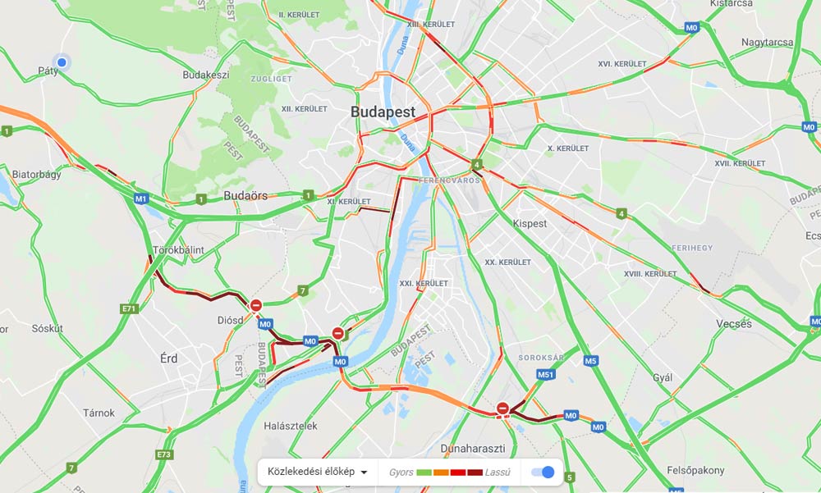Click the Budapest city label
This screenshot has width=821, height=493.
pos(383,112)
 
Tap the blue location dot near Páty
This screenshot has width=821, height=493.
pos(61,62)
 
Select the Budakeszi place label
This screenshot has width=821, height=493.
pos(206,75)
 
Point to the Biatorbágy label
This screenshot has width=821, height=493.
pos(37,175)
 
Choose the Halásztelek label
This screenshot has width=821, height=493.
pos(291,426)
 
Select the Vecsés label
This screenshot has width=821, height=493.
pos(734,324)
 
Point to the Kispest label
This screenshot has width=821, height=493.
pos(530,223)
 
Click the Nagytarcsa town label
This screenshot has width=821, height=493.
pos(767,42)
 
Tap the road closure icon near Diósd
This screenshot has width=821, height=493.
pos(256,306)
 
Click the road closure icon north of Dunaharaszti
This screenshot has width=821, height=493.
pos(503,408)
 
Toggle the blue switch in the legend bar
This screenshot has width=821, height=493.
pos(543,472)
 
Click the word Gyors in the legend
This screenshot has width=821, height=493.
pos(401,472)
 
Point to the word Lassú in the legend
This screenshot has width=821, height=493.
pos(498,472)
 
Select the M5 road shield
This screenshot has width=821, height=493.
pos(590,360)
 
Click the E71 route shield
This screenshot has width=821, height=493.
pos(129,309)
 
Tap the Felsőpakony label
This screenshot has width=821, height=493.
pos(696,470)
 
